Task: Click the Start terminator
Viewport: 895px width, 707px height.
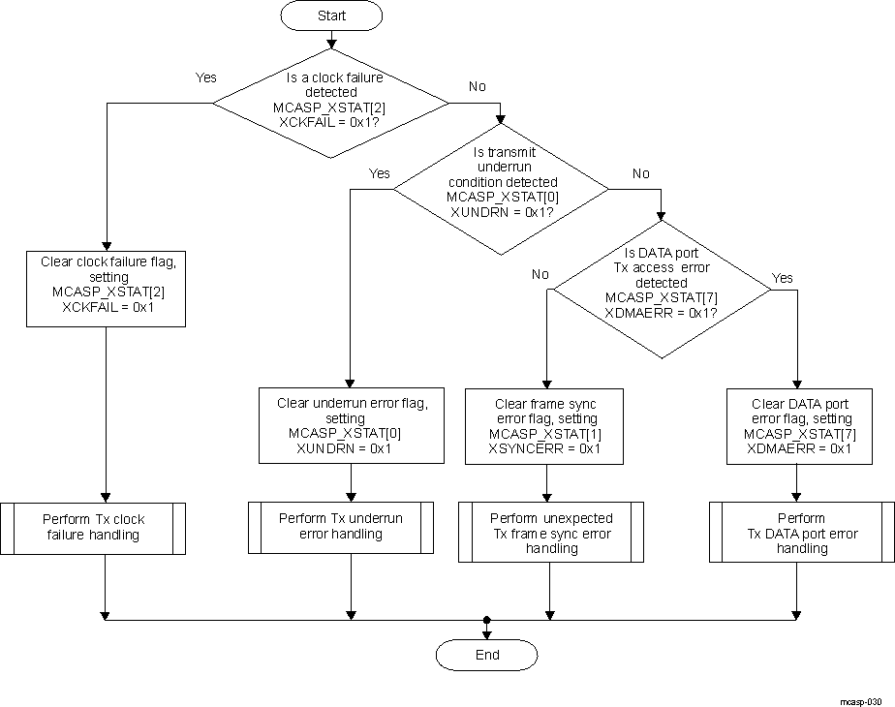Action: pyautogui.click(x=331, y=16)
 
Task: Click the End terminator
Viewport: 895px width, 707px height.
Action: pyautogui.click(x=486, y=655)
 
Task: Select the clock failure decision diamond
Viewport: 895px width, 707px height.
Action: pyautogui.click(x=330, y=101)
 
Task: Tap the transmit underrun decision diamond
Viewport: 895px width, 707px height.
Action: pyautogui.click(x=503, y=189)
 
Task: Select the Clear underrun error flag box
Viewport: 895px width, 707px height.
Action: pyautogui.click(x=351, y=425)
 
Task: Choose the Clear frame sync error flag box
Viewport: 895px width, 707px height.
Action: pyautogui.click(x=545, y=426)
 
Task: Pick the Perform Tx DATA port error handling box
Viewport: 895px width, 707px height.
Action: pyautogui.click(x=801, y=533)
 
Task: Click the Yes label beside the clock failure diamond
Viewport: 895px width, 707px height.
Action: pyautogui.click(x=206, y=77)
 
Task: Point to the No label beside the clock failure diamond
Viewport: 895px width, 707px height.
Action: pyautogui.click(x=477, y=86)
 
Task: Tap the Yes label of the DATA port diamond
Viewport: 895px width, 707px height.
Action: pyautogui.click(x=782, y=278)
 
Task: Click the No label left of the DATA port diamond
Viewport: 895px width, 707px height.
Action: pyautogui.click(x=540, y=274)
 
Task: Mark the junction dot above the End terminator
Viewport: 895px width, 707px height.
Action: pyautogui.click(x=486, y=620)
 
